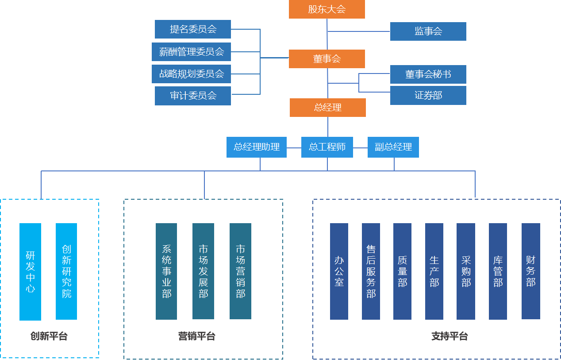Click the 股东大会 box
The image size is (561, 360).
pyautogui.click(x=327, y=9)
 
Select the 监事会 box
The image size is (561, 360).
pyautogui.click(x=428, y=31)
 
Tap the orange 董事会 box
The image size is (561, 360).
pyautogui.click(x=327, y=59)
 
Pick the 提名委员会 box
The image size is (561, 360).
pyautogui.click(x=193, y=29)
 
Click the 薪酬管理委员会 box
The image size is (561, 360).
pyautogui.click(x=191, y=52)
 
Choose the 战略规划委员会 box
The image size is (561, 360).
pyautogui.click(x=191, y=74)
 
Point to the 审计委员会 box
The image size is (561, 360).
pyautogui.click(x=193, y=96)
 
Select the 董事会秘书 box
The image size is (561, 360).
pyautogui.click(x=428, y=74)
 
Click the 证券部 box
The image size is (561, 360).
pyautogui.click(x=428, y=95)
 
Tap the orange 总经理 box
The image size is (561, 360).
pyautogui.click(x=327, y=108)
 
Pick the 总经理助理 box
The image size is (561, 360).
pyautogui.click(x=257, y=147)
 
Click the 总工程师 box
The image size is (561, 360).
pyautogui.click(x=327, y=147)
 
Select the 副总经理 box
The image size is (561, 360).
pyautogui.click(x=393, y=147)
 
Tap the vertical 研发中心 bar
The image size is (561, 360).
pyautogui.click(x=30, y=271)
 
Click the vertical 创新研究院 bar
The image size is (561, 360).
pyautogui.click(x=66, y=271)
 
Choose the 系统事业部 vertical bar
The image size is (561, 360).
pyautogui.click(x=166, y=271)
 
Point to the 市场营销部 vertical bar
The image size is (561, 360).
pyautogui.click(x=240, y=271)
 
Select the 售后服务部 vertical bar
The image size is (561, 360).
pyautogui.click(x=371, y=271)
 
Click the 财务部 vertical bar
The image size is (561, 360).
pyautogui.click(x=530, y=271)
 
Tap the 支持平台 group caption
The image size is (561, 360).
pyautogui.click(x=449, y=337)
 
